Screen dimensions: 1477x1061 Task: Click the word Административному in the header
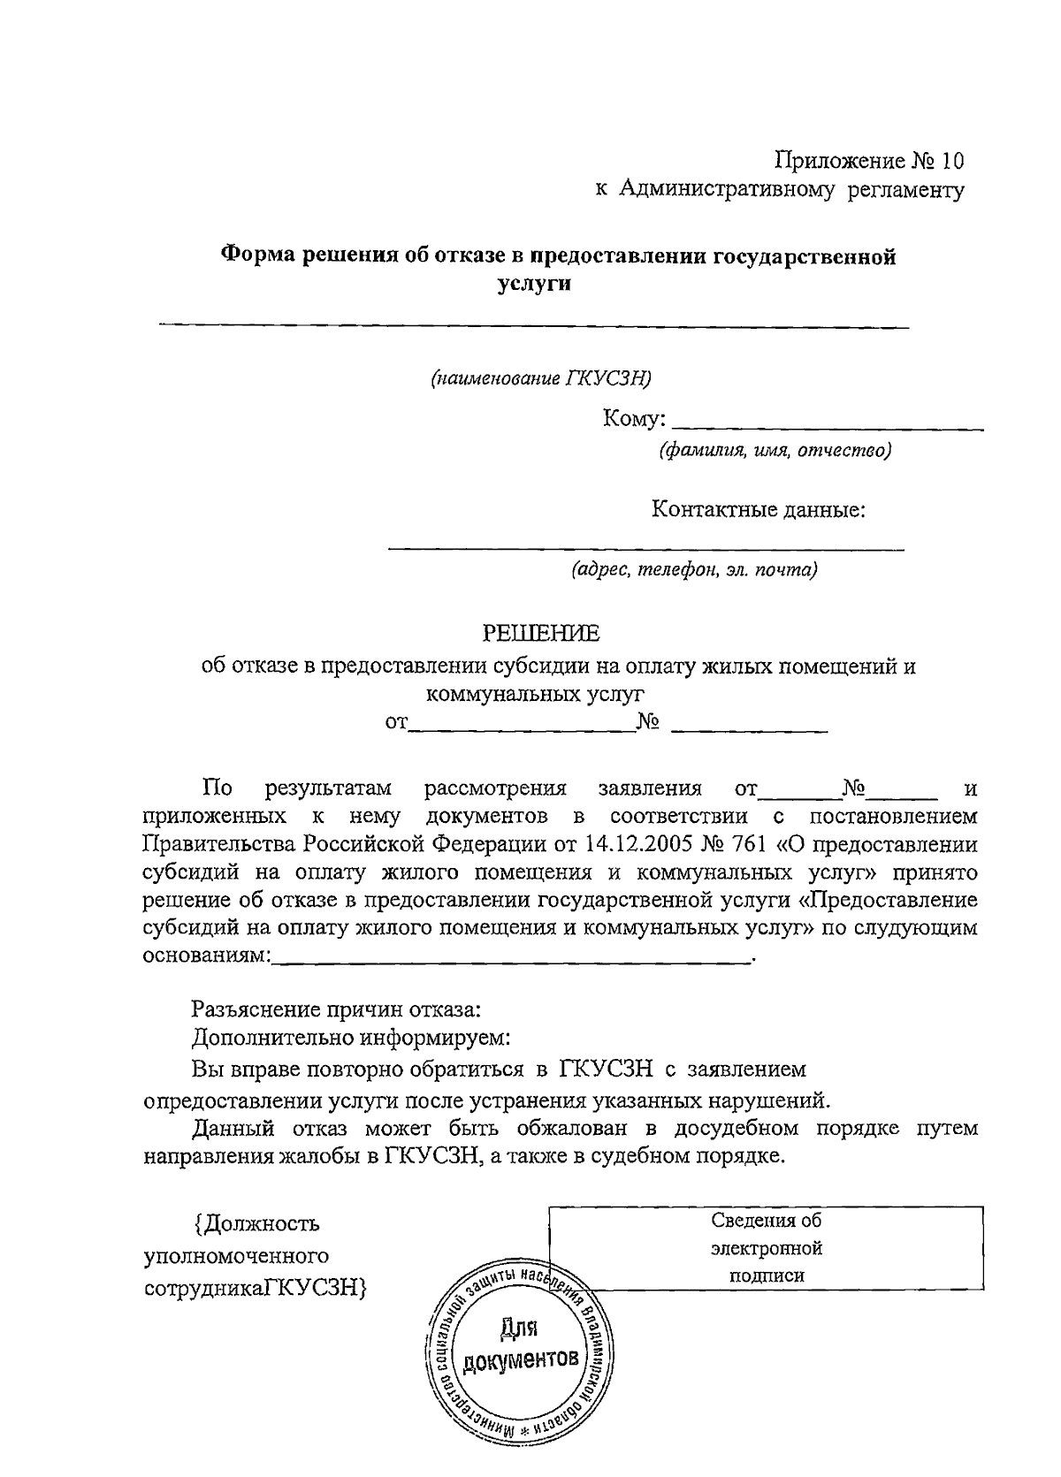coord(726,189)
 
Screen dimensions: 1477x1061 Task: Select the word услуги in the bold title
coord(531,284)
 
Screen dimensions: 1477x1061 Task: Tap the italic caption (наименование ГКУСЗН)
coord(540,378)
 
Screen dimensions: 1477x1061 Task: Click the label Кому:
coord(634,418)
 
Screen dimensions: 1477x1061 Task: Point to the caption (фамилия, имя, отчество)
coord(774,451)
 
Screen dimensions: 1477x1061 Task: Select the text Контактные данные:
coord(758,509)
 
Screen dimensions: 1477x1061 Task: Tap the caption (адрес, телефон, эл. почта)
coord(693,569)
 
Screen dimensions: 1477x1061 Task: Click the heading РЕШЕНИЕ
coord(539,633)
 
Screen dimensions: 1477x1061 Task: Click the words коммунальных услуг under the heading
coord(535,694)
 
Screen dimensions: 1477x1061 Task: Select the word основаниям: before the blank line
coord(207,956)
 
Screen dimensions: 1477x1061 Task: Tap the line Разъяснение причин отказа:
coord(336,1009)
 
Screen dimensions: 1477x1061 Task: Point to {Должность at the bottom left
coord(256,1224)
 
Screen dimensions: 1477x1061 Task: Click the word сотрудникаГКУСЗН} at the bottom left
coord(256,1288)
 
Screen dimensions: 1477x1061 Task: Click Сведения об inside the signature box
coord(766,1221)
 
